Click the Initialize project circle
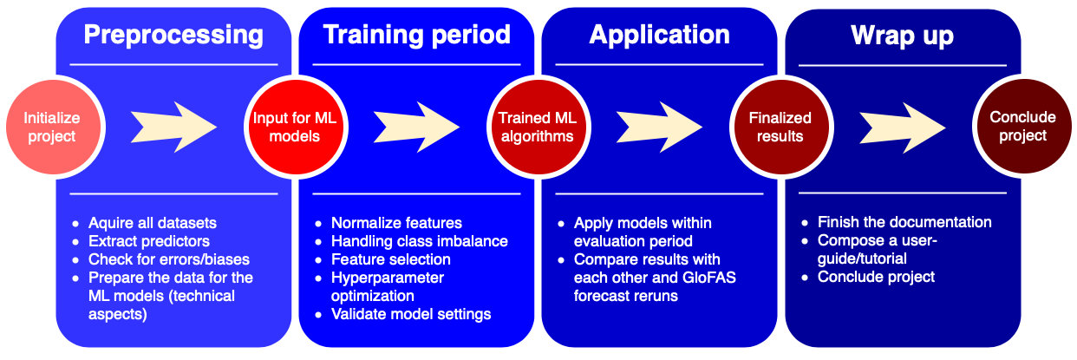(x=50, y=128)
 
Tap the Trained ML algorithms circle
(x=536, y=128)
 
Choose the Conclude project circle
(x=1023, y=128)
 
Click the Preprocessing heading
(x=173, y=35)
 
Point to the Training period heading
(x=416, y=35)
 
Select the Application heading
(x=659, y=35)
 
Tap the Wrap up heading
(x=902, y=35)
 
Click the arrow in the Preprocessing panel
(x=173, y=128)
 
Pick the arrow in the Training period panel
(x=416, y=128)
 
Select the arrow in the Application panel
(x=659, y=128)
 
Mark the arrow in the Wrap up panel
(x=902, y=128)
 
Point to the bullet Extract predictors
(x=149, y=241)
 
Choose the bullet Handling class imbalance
(x=419, y=241)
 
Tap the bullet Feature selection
(x=390, y=259)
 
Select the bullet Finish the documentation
(x=904, y=223)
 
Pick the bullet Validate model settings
(x=411, y=314)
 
